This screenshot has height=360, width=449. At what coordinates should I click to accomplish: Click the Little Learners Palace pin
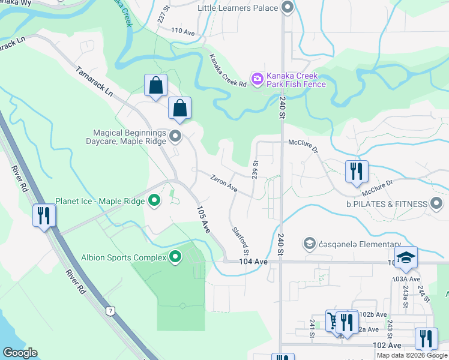tap(287, 8)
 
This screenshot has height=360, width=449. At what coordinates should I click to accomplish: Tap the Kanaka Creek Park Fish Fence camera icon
tap(258, 79)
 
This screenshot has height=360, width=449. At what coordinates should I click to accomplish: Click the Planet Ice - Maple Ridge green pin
tap(154, 201)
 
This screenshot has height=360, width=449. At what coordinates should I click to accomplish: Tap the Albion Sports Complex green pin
tap(175, 257)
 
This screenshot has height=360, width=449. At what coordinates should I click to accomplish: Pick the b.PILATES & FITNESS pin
tap(436, 205)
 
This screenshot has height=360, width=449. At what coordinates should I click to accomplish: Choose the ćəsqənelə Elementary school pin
tap(310, 243)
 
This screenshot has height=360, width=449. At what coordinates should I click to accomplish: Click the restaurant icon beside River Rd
tap(43, 215)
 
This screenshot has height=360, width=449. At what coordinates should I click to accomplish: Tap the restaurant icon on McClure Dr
tap(357, 171)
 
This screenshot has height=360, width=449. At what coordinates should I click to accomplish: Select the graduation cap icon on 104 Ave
tap(406, 257)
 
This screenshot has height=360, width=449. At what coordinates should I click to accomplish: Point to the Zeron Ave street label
tap(224, 184)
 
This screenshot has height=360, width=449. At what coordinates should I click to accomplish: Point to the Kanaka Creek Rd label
tap(228, 71)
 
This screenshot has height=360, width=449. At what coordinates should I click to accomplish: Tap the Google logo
tap(20, 353)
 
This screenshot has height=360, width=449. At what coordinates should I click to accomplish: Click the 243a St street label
tap(406, 294)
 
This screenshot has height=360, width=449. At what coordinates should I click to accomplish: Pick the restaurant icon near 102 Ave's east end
tap(426, 339)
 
